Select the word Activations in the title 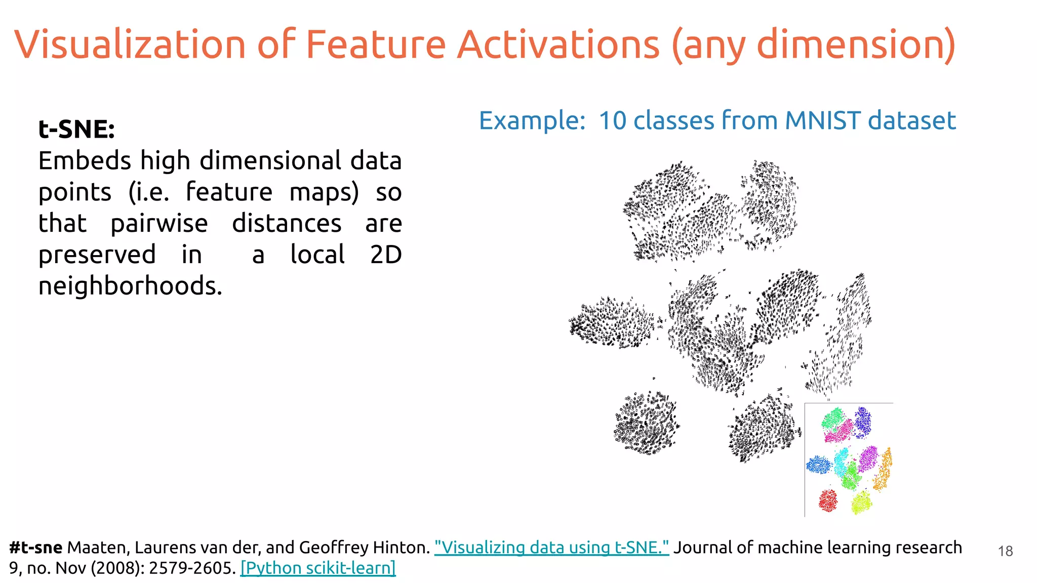point(558,45)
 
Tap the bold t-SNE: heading point(76,129)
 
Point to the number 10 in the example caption point(613,121)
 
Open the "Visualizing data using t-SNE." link point(551,548)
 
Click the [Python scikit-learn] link point(318,568)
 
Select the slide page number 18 point(1005,551)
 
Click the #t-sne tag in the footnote point(35,548)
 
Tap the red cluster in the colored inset point(828,501)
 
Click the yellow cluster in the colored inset point(861,503)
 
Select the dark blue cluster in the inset point(863,422)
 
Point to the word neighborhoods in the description point(130,286)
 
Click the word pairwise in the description point(159,224)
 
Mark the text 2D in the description point(386,255)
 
